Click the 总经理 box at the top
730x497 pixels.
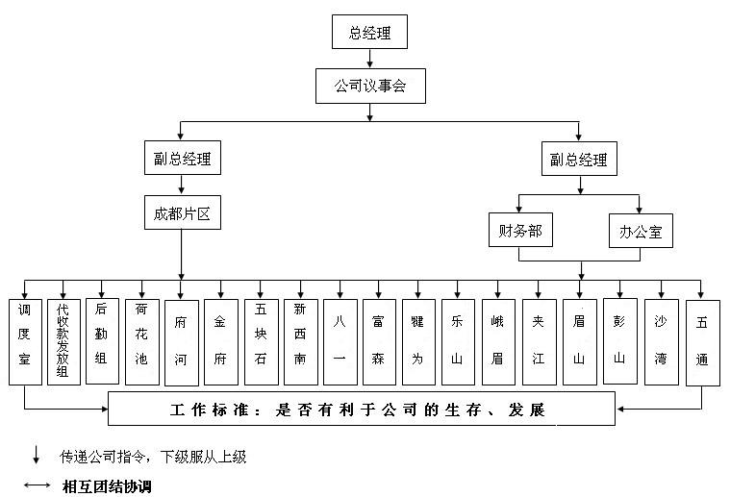point(369,33)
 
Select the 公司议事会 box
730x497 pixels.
point(369,87)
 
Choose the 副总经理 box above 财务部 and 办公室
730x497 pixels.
point(578,160)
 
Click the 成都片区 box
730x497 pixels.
point(182,212)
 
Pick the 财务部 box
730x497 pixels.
point(519,231)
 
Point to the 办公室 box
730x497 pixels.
point(641,232)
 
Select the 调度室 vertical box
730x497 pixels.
point(24,342)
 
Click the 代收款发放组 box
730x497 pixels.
point(63,342)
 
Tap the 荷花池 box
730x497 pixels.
point(141,342)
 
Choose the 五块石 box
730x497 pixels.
point(260,342)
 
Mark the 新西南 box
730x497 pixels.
point(300,342)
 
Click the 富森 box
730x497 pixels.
point(378,342)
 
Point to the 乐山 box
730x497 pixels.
point(457,342)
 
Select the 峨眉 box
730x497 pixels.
point(497,342)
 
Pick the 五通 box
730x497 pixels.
point(702,342)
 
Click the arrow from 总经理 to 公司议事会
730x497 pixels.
point(369,59)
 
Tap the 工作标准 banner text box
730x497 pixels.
point(361,410)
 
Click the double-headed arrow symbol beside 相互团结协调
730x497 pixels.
point(38,485)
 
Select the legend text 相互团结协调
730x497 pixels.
point(106,485)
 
